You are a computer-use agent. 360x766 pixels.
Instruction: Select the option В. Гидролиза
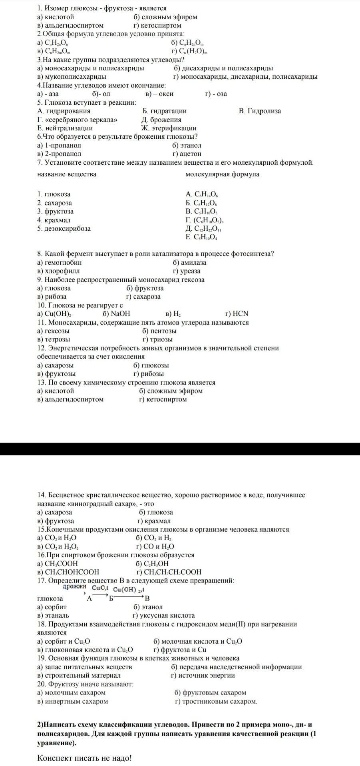(x=260, y=111)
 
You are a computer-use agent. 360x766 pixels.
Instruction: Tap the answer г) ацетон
(x=187, y=154)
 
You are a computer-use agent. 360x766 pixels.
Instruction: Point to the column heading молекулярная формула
(x=222, y=174)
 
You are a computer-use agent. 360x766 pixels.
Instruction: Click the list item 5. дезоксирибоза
(x=64, y=229)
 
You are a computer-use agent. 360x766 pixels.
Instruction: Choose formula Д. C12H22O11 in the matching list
(x=203, y=229)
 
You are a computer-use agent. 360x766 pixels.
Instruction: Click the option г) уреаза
(x=187, y=271)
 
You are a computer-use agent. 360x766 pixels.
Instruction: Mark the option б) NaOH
(x=116, y=314)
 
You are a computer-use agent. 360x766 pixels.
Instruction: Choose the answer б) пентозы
(x=159, y=331)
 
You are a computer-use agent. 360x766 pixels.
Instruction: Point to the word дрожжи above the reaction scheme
(x=74, y=587)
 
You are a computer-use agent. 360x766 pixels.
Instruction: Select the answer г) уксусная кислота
(x=163, y=615)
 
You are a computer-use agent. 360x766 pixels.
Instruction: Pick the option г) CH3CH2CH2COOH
(x=169, y=572)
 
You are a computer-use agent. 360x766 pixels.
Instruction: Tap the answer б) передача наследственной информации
(x=236, y=666)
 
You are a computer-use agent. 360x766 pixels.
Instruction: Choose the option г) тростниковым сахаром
(x=216, y=701)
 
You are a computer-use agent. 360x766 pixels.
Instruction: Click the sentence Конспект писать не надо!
(x=84, y=758)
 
